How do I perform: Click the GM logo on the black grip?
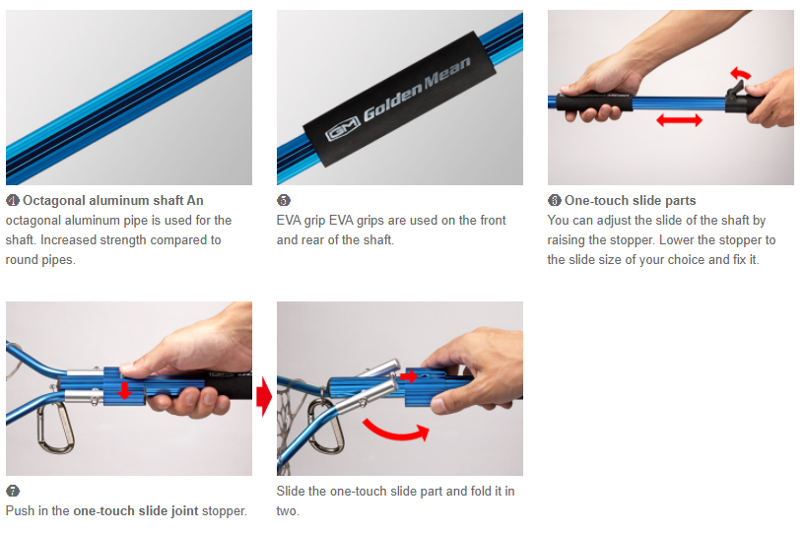click(343, 132)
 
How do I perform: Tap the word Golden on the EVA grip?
click(393, 102)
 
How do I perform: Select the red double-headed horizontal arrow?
click(679, 120)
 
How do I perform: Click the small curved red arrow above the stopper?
click(740, 73)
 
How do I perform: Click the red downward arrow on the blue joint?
click(124, 390)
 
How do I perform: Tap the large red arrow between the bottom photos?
click(264, 396)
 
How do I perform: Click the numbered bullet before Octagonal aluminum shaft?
click(13, 201)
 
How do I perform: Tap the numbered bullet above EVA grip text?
click(283, 201)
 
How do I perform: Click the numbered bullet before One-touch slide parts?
click(555, 201)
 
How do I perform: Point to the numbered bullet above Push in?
click(13, 491)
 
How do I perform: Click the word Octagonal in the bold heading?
click(54, 201)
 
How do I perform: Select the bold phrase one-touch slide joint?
click(136, 511)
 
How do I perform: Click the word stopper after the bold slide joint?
click(225, 511)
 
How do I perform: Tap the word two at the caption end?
click(288, 511)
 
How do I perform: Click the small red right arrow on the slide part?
click(409, 376)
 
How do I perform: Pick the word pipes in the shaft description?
click(58, 260)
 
